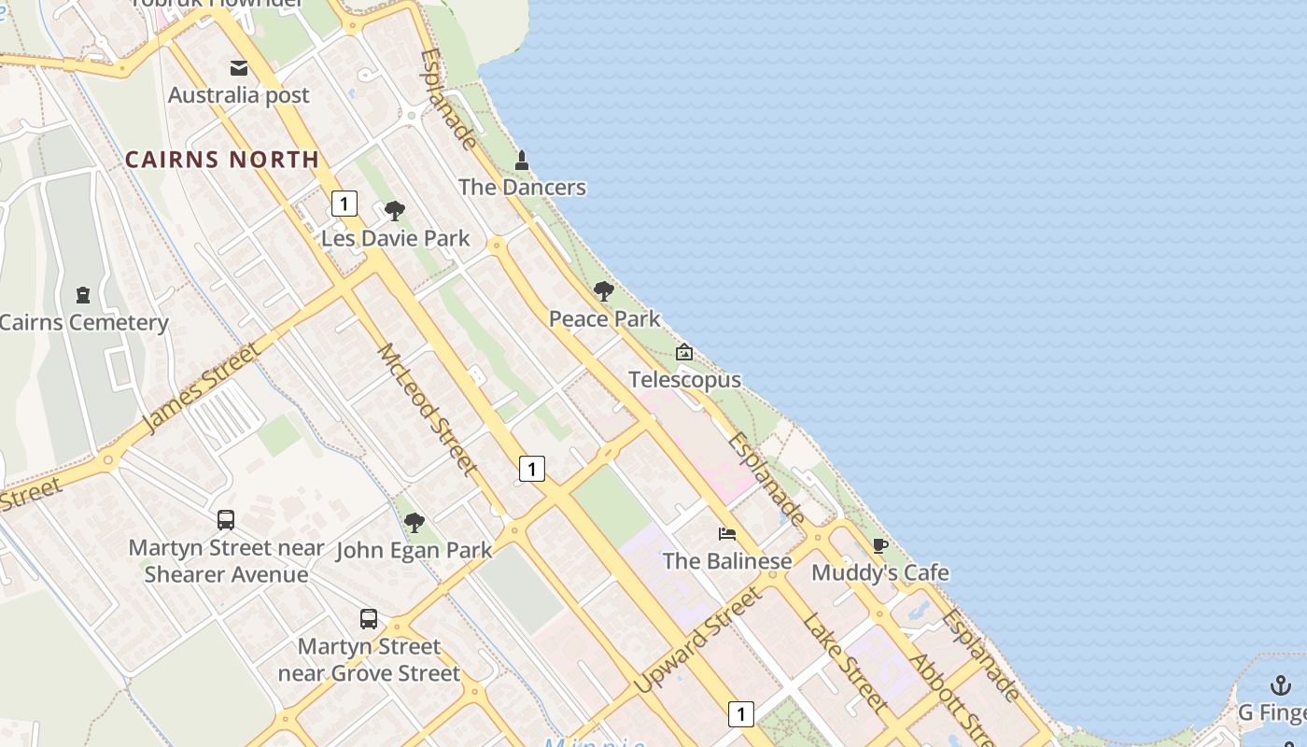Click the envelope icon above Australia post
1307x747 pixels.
coord(239,68)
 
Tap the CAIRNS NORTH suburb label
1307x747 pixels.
coord(222,160)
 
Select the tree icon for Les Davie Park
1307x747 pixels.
coord(395,211)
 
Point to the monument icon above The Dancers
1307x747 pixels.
coord(522,161)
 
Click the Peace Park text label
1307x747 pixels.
coord(604,319)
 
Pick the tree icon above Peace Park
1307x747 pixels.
coord(604,291)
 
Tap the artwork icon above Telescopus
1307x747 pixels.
coord(684,352)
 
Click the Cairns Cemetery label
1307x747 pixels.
coord(84,323)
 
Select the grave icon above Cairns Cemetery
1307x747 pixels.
coord(83,295)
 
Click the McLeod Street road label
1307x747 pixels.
coord(428,409)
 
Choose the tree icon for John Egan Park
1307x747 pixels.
coord(415,523)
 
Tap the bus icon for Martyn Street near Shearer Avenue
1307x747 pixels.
coord(226,520)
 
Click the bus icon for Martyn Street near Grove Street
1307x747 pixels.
coord(369,618)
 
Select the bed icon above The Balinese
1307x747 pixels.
coord(727,534)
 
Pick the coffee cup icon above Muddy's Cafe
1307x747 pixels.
coord(879,545)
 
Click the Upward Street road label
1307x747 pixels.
coord(697,641)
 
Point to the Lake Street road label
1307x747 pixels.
coord(844,661)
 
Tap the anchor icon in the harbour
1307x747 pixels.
coord(1281,685)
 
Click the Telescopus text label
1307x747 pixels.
coord(684,380)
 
